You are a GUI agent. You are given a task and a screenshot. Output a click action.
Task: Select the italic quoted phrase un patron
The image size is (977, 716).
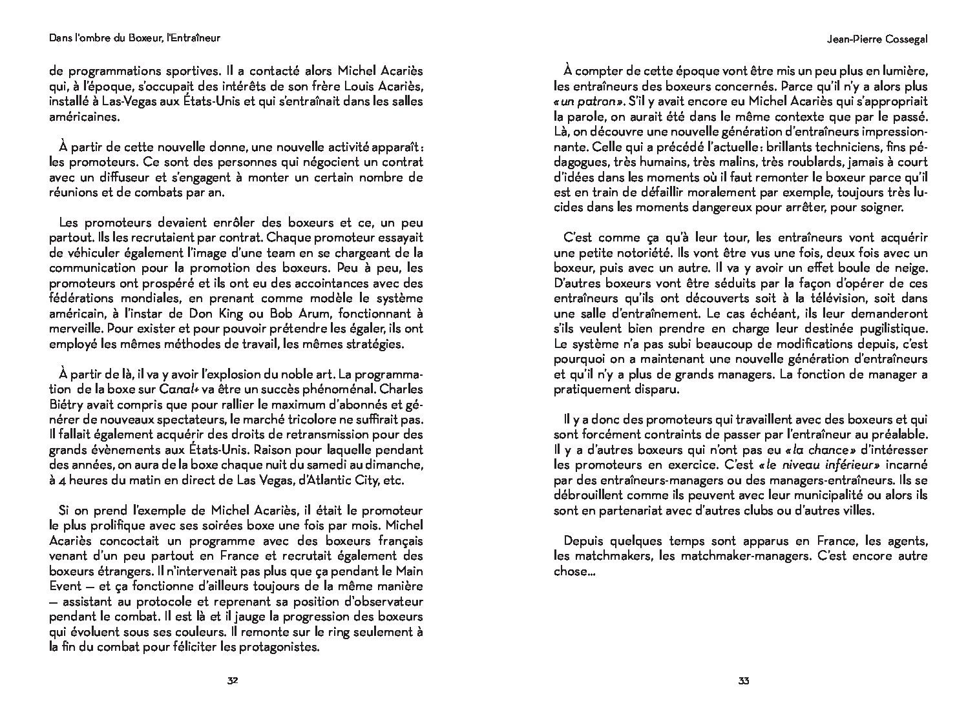pyautogui.click(x=587, y=101)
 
